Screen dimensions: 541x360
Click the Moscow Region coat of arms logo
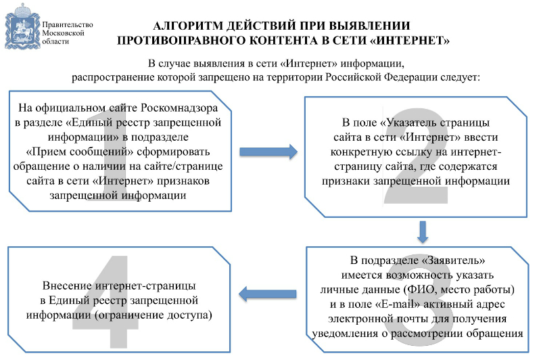(22, 26)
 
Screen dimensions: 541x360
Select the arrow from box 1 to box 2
(268, 152)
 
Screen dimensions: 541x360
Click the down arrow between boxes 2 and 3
(423, 232)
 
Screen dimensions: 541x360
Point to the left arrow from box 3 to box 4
(267, 294)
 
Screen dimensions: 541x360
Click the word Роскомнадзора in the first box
(179, 108)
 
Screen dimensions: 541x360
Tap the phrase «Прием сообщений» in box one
(80, 152)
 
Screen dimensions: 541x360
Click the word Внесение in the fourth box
(67, 286)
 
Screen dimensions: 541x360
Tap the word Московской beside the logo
(63, 33)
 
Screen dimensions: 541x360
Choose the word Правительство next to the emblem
(68, 25)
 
